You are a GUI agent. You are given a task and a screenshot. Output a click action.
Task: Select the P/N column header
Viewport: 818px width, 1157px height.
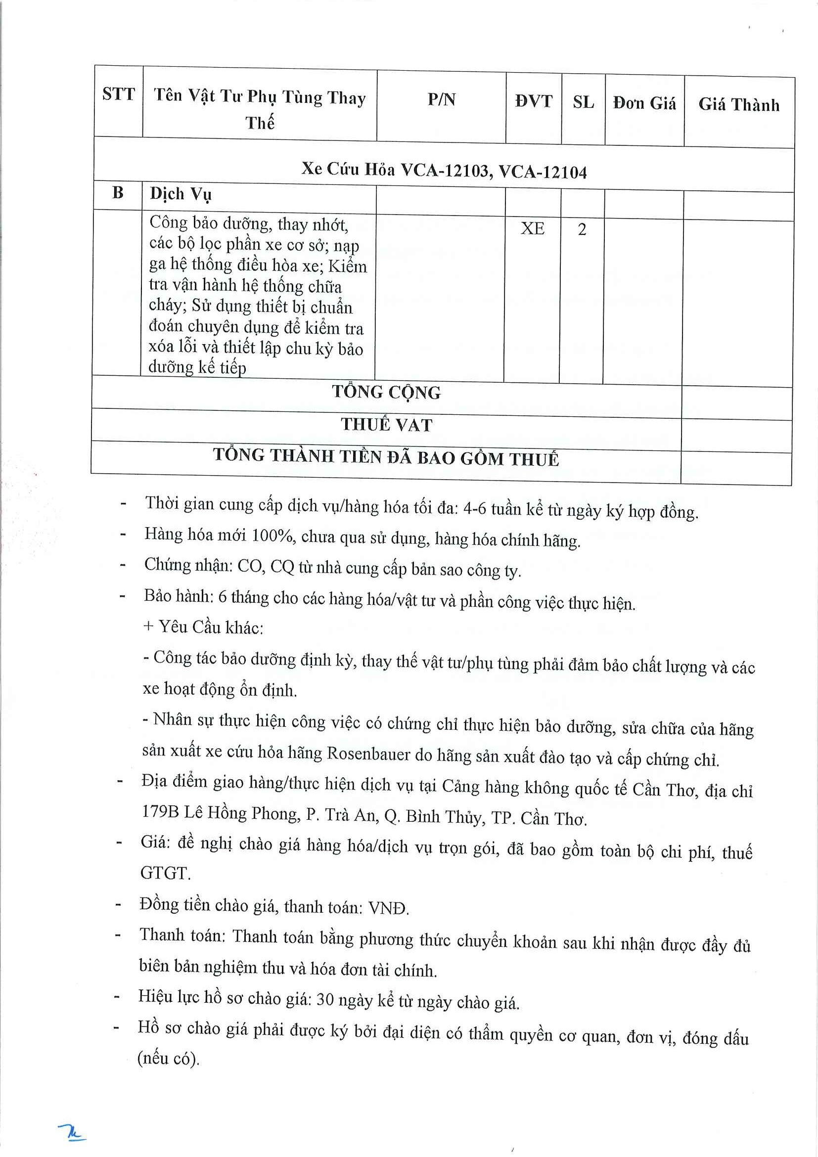click(x=442, y=100)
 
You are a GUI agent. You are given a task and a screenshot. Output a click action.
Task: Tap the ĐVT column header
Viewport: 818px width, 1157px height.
click(x=534, y=101)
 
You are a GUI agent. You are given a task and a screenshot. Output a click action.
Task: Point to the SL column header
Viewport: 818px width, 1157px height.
click(x=583, y=102)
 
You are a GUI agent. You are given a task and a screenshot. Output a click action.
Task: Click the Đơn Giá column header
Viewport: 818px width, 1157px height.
click(x=644, y=103)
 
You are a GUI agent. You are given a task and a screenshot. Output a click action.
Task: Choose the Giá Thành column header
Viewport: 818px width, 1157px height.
click(x=738, y=105)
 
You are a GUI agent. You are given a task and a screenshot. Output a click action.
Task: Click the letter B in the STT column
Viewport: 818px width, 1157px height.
click(x=118, y=192)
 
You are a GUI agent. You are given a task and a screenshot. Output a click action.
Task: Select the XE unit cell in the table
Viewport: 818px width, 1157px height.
click(x=532, y=228)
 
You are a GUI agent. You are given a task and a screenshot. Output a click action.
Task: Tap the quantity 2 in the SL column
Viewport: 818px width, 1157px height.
click(x=582, y=229)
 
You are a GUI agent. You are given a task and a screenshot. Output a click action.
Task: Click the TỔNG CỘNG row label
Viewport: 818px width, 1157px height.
click(x=386, y=392)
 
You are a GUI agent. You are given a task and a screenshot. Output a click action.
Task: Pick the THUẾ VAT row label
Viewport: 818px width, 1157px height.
click(x=387, y=425)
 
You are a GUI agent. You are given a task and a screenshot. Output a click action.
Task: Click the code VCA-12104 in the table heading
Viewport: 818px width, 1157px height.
click(x=543, y=173)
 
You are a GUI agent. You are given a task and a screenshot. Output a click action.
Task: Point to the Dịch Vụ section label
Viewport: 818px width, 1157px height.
click(x=181, y=194)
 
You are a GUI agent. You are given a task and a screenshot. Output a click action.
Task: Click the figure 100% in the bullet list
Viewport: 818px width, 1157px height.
click(x=273, y=535)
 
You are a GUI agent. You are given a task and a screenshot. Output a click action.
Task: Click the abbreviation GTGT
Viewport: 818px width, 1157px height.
click(x=164, y=873)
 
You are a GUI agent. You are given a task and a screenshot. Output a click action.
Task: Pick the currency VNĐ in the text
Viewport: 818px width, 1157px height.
click(x=387, y=908)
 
